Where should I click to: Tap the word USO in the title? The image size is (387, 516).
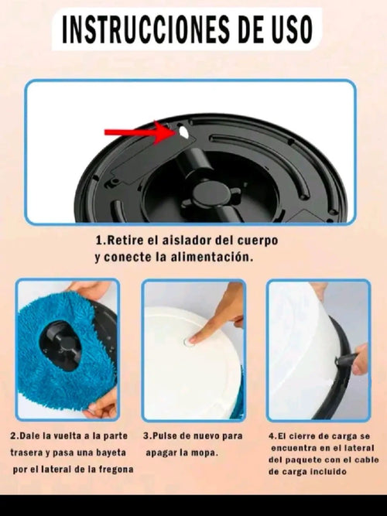(x=286, y=30)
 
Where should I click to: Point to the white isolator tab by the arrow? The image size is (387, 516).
(x=183, y=132)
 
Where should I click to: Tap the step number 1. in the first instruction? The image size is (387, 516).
(x=100, y=241)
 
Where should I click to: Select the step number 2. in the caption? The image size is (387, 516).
(x=14, y=436)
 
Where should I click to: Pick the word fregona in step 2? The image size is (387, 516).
(x=114, y=469)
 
